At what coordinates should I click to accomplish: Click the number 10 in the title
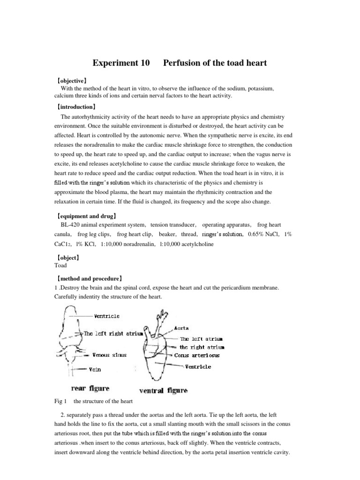[x=143, y=62]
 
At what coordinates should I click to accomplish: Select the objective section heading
[x=71, y=80]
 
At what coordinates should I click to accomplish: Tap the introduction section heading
[x=75, y=107]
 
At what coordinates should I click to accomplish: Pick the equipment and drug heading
[x=86, y=217]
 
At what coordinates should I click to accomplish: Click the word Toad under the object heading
[x=61, y=265]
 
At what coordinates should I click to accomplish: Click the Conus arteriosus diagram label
[x=197, y=355]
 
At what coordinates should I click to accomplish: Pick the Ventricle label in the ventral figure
[x=198, y=367]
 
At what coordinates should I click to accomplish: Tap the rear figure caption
[x=90, y=388]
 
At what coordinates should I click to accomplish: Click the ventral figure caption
[x=164, y=390]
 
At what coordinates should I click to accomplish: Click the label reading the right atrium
[x=202, y=347]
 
